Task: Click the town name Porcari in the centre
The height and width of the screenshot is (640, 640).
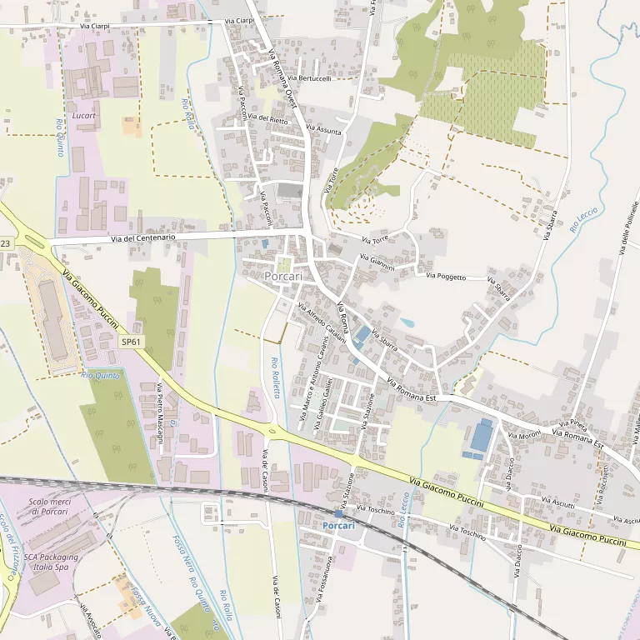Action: pyautogui.click(x=282, y=276)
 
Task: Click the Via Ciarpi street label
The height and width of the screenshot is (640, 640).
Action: pyautogui.click(x=96, y=26)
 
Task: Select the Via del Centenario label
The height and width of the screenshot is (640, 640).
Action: pyautogui.click(x=142, y=237)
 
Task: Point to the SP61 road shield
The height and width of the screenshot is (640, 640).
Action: pyautogui.click(x=130, y=342)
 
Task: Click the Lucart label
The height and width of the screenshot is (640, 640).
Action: pyautogui.click(x=84, y=115)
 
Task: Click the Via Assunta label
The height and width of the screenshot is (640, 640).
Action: pyautogui.click(x=323, y=130)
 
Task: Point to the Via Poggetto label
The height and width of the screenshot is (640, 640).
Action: pyautogui.click(x=446, y=276)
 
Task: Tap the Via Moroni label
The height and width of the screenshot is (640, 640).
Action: pyautogui.click(x=524, y=436)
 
